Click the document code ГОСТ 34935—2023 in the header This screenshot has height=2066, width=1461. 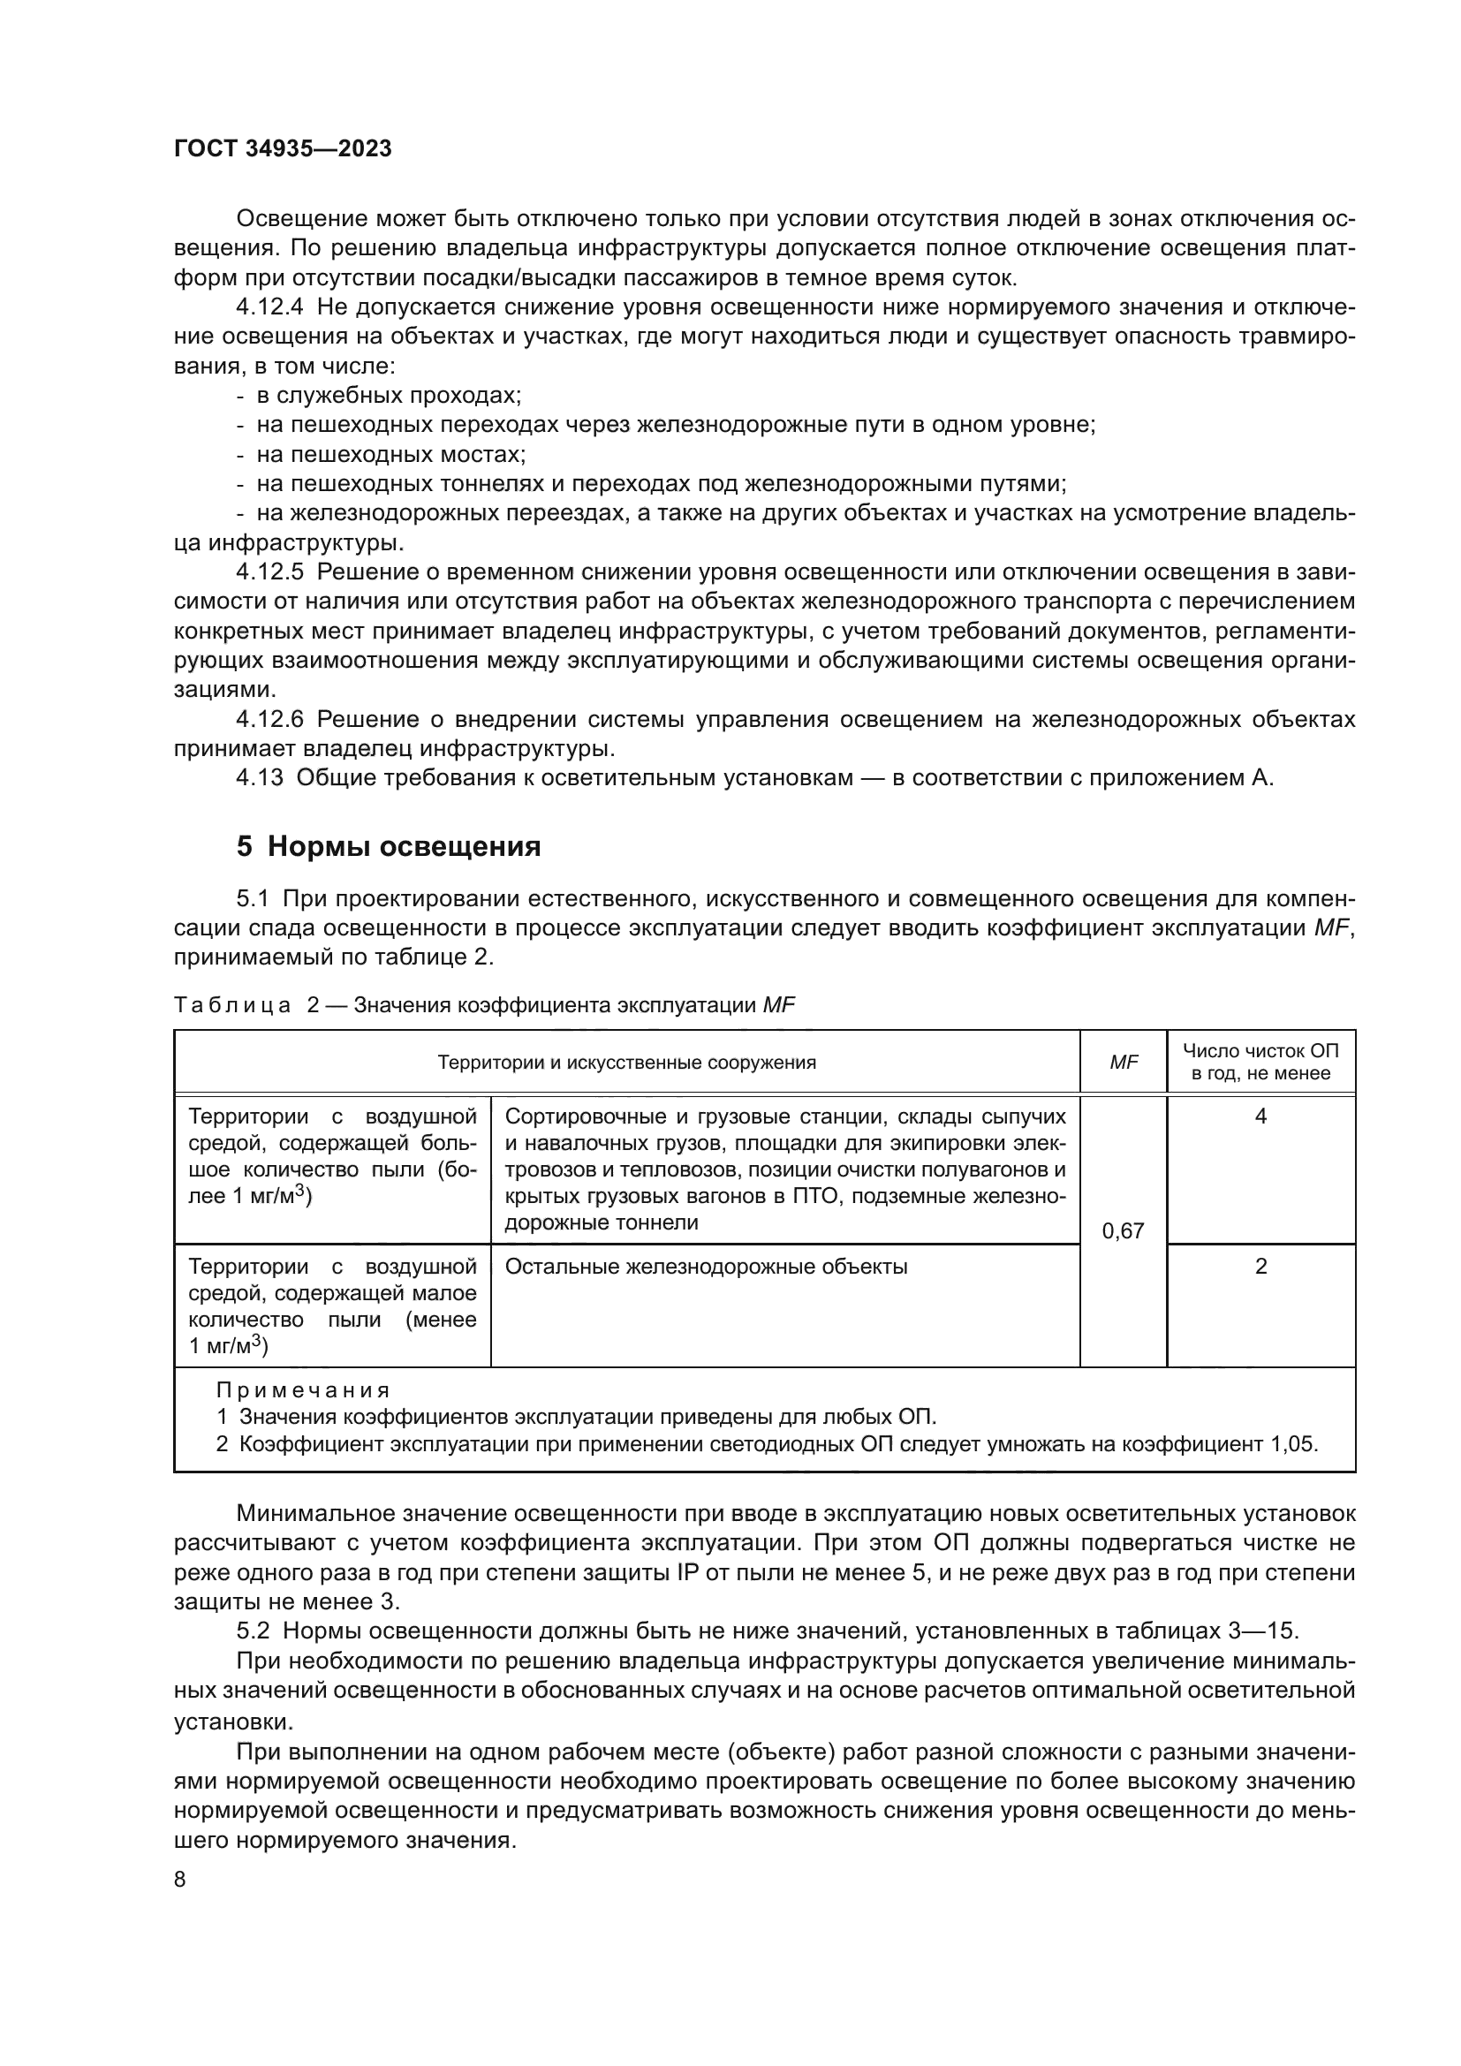coord(283,149)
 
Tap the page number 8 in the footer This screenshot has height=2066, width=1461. coord(180,1880)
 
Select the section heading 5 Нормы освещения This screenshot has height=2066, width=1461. coord(389,847)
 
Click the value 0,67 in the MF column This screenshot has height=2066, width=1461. coord(1123,1231)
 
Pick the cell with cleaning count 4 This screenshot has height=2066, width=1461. coord(1260,1116)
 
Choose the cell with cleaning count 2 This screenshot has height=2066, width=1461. coord(1260,1267)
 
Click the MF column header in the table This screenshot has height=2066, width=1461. coord(1123,1063)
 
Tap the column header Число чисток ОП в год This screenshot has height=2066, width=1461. coord(1260,1062)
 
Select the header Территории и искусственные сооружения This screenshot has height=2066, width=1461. coord(627,1063)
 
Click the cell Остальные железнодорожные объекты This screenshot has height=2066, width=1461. coord(707,1267)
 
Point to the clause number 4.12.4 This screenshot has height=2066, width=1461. coord(270,307)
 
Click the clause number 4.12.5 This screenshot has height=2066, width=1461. coord(270,572)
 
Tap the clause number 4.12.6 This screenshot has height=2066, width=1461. coord(270,719)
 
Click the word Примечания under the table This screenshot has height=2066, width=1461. coord(303,1390)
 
